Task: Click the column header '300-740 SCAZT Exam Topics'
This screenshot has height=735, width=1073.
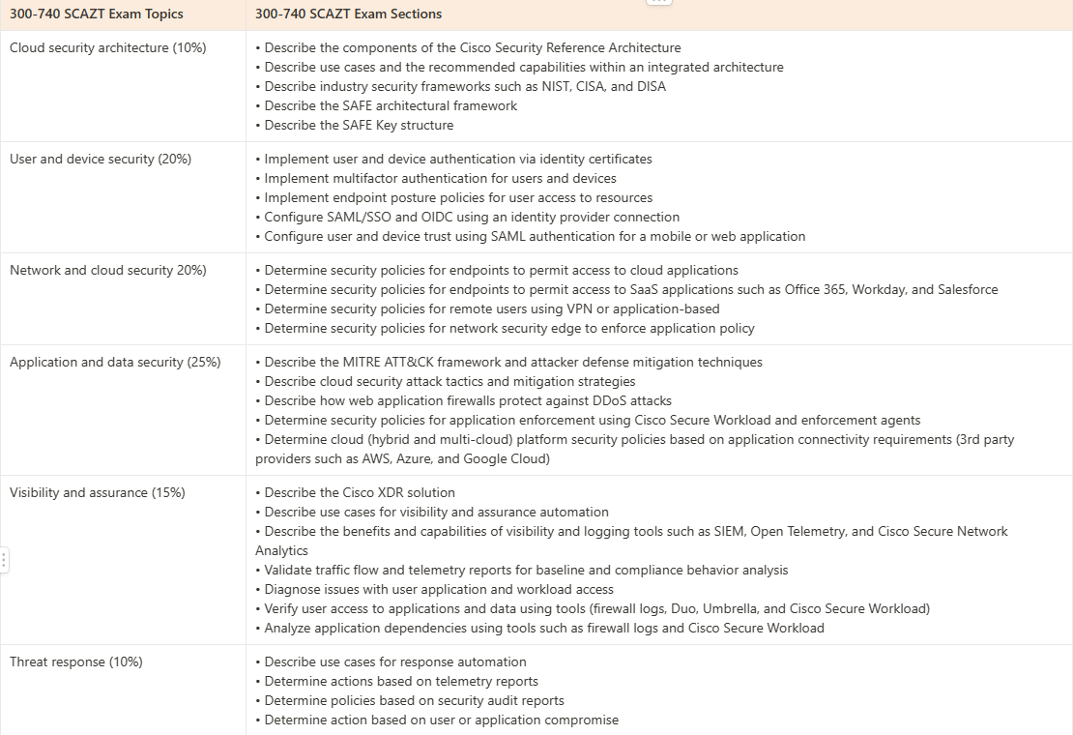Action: [x=97, y=15]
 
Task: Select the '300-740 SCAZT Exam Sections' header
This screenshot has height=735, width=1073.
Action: [x=349, y=15]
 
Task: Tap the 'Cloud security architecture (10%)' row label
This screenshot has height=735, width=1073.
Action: [x=108, y=47]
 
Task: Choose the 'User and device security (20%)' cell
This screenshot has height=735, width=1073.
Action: [x=101, y=159]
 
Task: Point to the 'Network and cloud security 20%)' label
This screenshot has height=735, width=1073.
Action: [x=108, y=270]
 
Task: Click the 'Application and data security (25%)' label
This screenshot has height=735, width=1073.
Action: [x=115, y=362]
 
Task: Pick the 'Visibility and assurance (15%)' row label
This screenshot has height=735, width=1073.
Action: [x=98, y=492]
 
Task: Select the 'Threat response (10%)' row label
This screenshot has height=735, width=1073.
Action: [x=76, y=661]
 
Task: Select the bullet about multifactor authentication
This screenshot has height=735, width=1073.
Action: [x=440, y=178]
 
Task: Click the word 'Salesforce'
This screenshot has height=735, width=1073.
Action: [x=968, y=289]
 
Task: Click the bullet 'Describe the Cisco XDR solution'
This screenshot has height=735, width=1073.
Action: [x=360, y=492]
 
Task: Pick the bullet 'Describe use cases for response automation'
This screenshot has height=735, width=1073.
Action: [x=395, y=661]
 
